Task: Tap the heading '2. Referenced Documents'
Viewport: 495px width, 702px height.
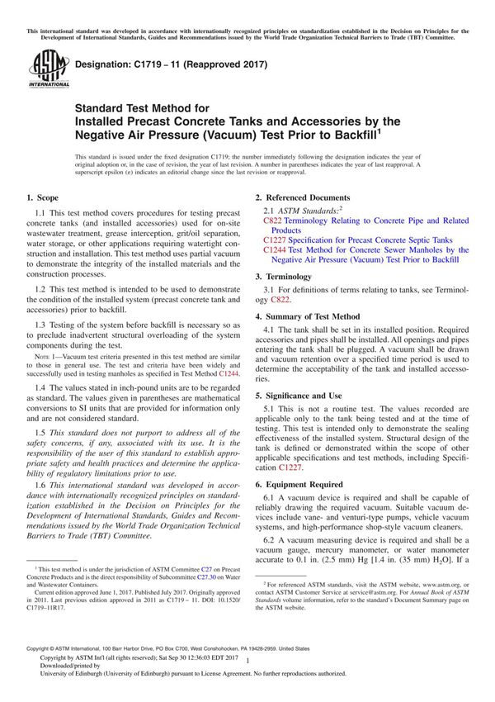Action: coord(302,198)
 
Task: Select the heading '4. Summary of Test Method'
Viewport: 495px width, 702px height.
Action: coord(308,316)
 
